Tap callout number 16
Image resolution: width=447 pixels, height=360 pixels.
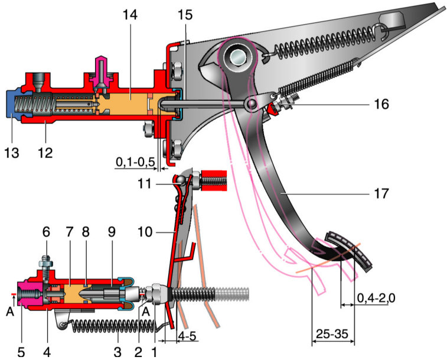[x=381, y=105]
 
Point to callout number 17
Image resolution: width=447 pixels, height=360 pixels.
[x=381, y=192]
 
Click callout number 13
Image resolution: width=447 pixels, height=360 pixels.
[x=11, y=153]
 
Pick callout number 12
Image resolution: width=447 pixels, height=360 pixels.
[x=45, y=153]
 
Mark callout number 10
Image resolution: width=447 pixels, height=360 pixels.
[x=145, y=233]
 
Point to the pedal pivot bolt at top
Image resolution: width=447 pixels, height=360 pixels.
[x=239, y=57]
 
